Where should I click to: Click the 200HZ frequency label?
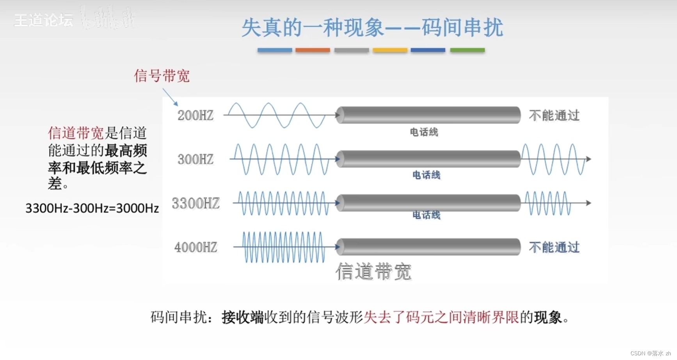point(195,115)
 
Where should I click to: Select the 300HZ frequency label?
point(195,159)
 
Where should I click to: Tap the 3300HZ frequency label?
point(195,203)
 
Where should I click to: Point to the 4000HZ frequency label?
point(195,247)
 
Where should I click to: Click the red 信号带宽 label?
point(162,76)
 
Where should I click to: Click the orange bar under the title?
point(313,50)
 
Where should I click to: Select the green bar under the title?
point(467,50)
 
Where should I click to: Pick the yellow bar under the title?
point(390,50)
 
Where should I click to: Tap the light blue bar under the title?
point(274,50)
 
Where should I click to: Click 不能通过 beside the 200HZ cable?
point(554,115)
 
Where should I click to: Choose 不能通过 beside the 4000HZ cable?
point(554,247)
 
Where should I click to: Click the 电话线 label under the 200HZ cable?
point(424,132)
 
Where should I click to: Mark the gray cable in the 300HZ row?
point(428,159)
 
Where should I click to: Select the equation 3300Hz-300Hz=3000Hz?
point(92,208)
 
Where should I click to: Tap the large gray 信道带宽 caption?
point(373,271)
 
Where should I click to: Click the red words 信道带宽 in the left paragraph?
point(76,133)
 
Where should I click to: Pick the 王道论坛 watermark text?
point(43,20)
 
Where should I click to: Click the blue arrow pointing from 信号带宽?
point(171,97)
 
